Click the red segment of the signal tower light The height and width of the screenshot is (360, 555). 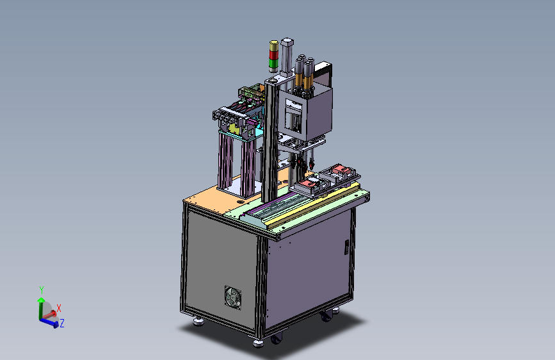pos(273,55)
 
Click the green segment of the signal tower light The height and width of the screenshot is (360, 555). pos(273,63)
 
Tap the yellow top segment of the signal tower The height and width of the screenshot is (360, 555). pos(273,46)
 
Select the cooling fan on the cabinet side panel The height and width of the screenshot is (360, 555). pos(233,297)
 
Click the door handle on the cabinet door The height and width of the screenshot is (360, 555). pos(346,247)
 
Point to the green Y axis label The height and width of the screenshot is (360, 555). pos(42,290)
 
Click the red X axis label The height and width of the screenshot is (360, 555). pos(59,308)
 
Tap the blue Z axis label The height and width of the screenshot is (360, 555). pos(62,323)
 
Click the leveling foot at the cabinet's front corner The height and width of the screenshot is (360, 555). pos(258,343)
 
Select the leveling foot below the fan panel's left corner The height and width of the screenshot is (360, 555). pos(198,322)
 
